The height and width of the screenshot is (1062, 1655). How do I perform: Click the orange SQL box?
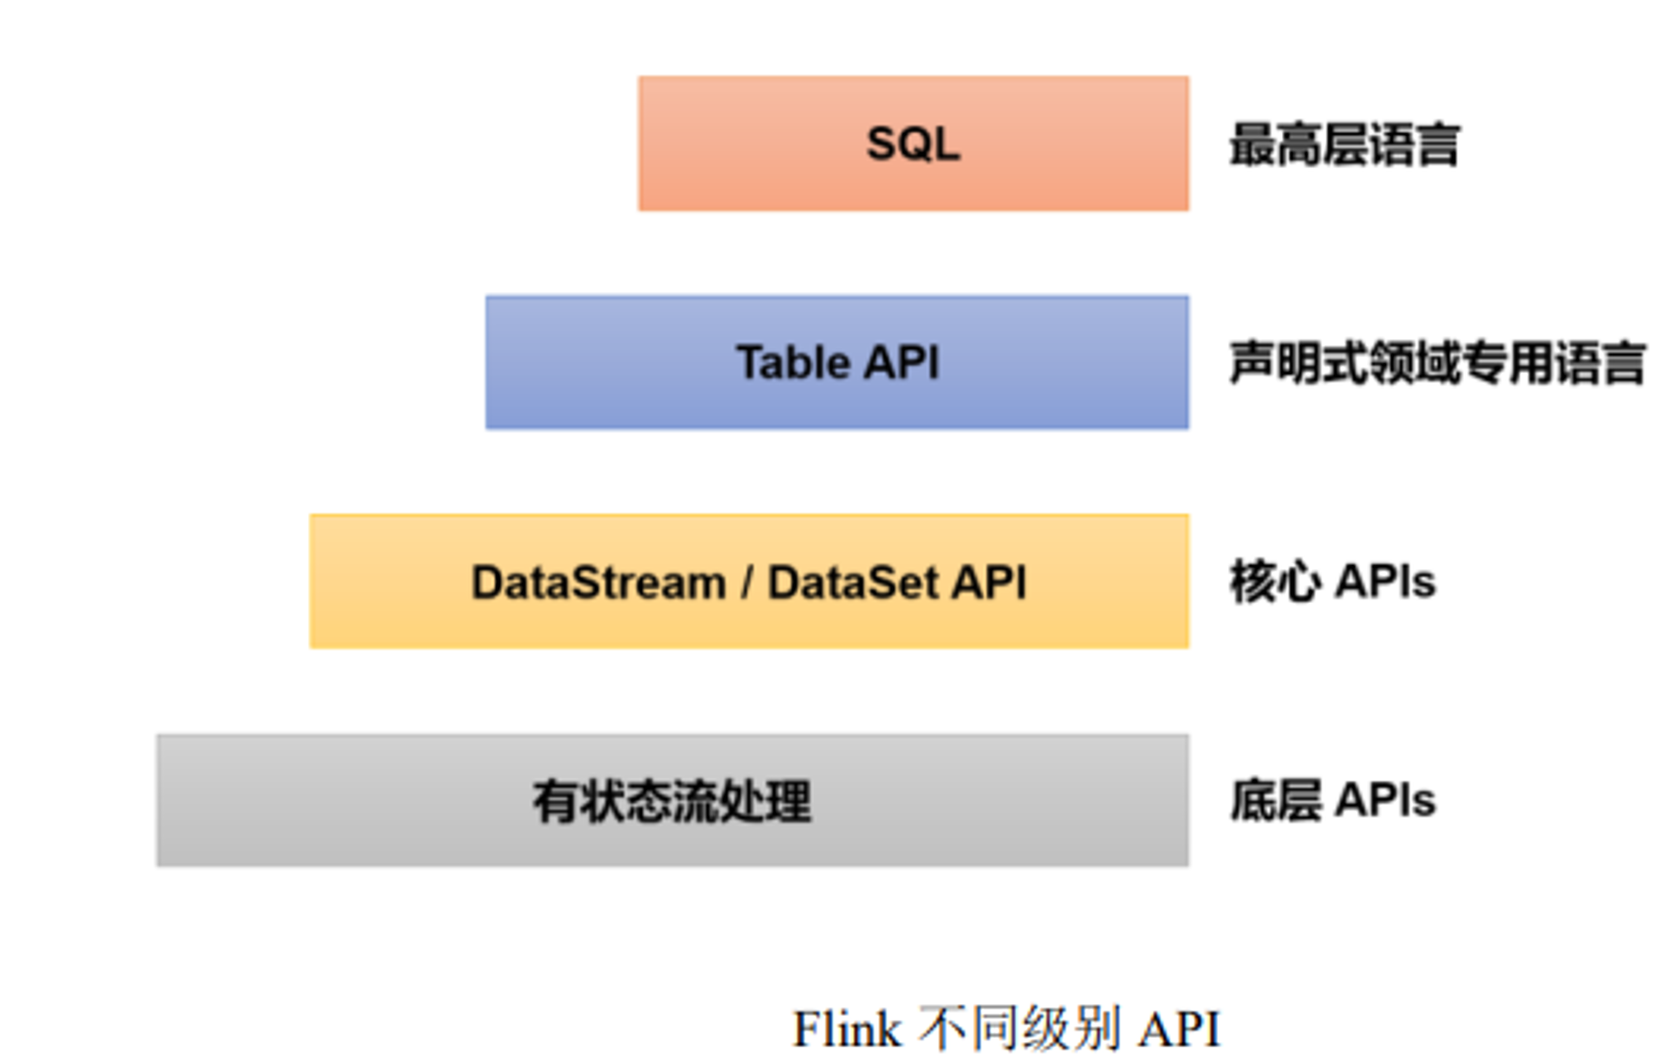pyautogui.click(x=914, y=143)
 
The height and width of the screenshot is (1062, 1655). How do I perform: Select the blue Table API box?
pyautogui.click(x=837, y=362)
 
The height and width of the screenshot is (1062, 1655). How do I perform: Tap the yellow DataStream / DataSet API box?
pyautogui.click(x=750, y=581)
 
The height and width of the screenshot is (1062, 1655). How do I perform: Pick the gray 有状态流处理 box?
pyautogui.click(x=673, y=800)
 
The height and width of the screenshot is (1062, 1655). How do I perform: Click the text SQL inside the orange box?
pyautogui.click(x=914, y=144)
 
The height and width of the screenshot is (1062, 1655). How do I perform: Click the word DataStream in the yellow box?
pyautogui.click(x=598, y=581)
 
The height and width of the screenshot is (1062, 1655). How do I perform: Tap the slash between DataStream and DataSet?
pyautogui.click(x=747, y=581)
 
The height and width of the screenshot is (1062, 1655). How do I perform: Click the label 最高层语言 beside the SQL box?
pyautogui.click(x=1345, y=144)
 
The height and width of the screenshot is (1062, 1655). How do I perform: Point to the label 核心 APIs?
pyautogui.click(x=1332, y=581)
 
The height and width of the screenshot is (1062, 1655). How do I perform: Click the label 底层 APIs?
pyautogui.click(x=1332, y=800)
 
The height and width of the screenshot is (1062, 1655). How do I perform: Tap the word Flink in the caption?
pyautogui.click(x=847, y=1029)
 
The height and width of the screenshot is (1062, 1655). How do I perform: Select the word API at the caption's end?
pyautogui.click(x=1179, y=1029)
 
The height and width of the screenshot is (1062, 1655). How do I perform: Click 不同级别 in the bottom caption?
pyautogui.click(x=1019, y=1029)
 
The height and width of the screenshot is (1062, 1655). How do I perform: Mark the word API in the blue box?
pyautogui.click(x=901, y=362)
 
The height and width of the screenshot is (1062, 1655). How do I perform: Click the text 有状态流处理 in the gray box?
pyautogui.click(x=672, y=801)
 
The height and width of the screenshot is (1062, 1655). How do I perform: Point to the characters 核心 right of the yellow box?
pyautogui.click(x=1275, y=581)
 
